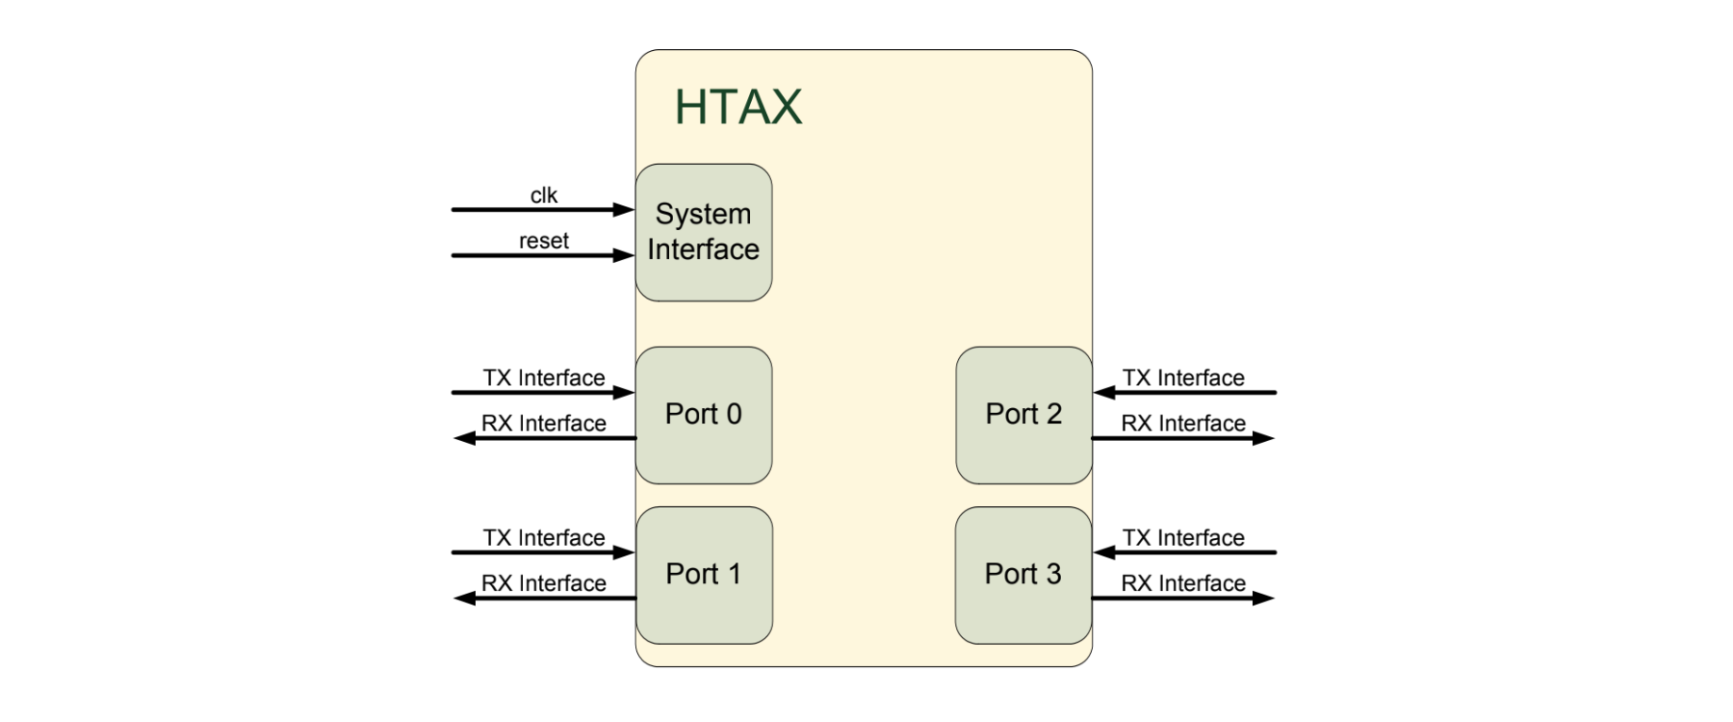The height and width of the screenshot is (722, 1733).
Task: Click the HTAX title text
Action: click(737, 107)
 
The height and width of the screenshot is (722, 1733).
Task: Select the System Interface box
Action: click(703, 232)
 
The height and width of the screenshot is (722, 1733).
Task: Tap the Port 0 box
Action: click(703, 415)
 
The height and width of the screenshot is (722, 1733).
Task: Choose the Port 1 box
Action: click(704, 575)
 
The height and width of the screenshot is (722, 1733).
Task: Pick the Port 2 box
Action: click(1023, 415)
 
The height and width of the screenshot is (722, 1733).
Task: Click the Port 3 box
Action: click(1022, 575)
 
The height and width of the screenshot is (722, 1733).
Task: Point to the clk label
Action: click(543, 195)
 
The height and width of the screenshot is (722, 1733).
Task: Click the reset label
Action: click(543, 241)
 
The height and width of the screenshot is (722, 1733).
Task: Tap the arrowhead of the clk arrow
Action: click(624, 209)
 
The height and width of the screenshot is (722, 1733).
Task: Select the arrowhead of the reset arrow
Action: click(624, 255)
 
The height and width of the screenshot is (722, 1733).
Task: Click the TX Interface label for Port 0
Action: click(543, 377)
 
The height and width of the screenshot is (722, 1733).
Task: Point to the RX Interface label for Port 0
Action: click(543, 424)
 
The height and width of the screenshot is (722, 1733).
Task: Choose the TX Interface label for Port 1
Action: click(543, 537)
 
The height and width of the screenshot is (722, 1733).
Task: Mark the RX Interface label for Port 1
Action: click(543, 583)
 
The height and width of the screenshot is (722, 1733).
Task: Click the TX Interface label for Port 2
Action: click(1183, 377)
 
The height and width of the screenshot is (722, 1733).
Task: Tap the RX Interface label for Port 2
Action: click(1183, 424)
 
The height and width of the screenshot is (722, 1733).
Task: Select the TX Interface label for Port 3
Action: click(1183, 537)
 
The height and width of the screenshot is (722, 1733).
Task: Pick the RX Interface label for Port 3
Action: click(1183, 583)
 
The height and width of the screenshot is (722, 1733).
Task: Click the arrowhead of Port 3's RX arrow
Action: click(1263, 599)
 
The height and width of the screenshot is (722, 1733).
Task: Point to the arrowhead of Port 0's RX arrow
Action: click(465, 438)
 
